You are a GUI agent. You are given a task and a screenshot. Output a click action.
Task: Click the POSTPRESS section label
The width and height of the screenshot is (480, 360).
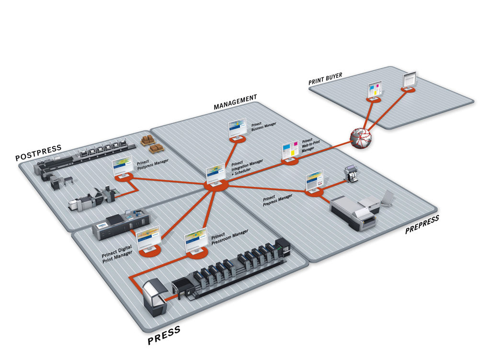(39, 153)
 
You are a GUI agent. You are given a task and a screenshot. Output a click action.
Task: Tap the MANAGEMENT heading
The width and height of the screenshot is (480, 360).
(235, 102)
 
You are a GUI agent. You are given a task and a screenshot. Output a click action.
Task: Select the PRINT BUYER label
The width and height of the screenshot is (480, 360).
(325, 79)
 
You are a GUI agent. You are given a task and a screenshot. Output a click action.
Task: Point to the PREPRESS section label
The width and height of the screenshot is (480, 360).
(422, 225)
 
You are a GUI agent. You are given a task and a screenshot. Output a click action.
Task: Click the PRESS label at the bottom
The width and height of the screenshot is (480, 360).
(164, 335)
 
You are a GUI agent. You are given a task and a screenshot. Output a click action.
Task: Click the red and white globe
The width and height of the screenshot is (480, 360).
(361, 138)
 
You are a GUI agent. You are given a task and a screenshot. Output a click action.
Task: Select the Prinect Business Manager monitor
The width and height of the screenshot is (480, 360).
(237, 130)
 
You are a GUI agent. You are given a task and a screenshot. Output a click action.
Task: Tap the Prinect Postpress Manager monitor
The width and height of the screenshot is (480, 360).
(122, 167)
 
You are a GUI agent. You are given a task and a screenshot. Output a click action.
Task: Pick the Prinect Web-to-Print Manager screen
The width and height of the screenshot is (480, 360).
(290, 150)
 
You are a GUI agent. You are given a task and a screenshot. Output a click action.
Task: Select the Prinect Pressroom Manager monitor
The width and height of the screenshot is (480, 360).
(196, 241)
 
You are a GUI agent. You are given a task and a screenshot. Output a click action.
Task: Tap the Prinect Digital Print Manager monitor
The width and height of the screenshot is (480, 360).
(149, 238)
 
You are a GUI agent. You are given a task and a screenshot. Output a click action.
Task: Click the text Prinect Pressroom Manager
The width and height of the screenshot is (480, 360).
(229, 237)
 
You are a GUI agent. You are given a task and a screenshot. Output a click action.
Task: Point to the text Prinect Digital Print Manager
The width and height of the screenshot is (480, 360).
(117, 254)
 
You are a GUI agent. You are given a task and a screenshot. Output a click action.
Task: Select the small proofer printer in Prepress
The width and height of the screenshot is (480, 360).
(351, 174)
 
